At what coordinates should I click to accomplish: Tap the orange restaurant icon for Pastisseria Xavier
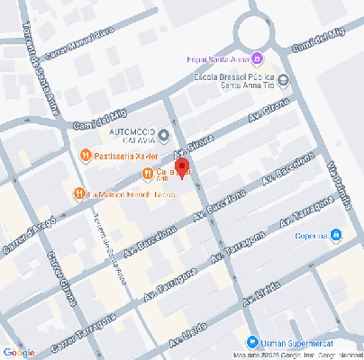pyautogui.click(x=85, y=156)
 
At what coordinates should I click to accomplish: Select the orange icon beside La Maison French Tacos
pyautogui.click(x=79, y=193)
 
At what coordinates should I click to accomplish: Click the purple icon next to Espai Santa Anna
pyautogui.click(x=258, y=59)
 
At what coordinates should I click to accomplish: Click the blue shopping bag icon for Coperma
pyautogui.click(x=335, y=236)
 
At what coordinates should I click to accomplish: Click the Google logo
pyautogui.click(x=19, y=352)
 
